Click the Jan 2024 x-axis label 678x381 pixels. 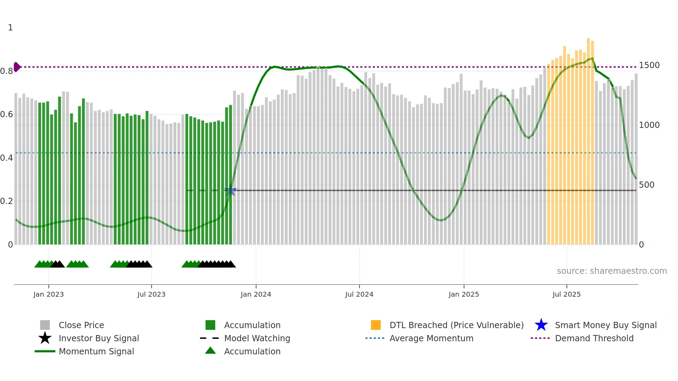tap(256, 294)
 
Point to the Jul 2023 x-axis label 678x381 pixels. tap(151, 294)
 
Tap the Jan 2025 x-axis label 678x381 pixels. tap(464, 294)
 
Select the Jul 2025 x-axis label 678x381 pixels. tap(566, 294)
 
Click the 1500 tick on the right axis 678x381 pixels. tap(649, 65)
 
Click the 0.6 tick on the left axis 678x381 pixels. tap(7, 114)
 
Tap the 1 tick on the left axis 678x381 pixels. tap(10, 28)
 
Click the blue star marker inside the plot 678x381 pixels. tap(231, 191)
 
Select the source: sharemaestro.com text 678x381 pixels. tap(612, 271)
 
